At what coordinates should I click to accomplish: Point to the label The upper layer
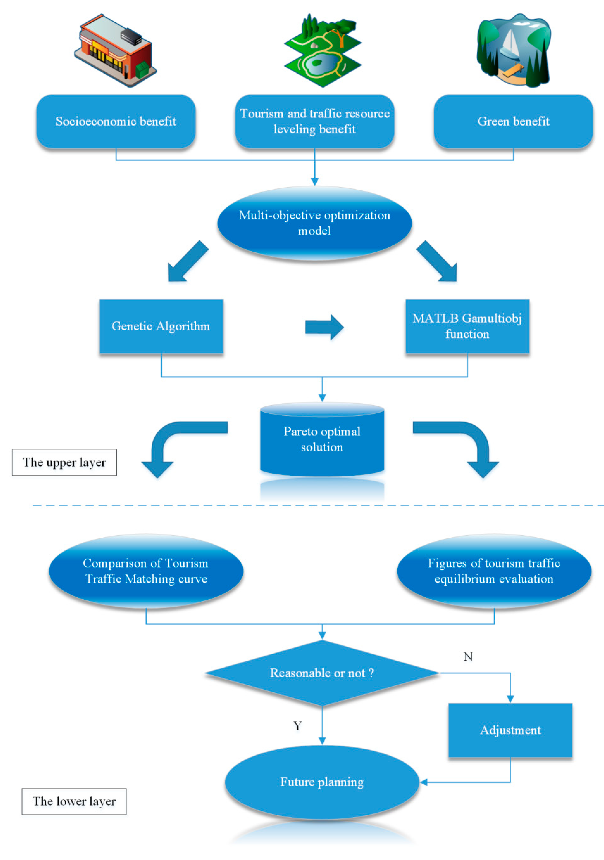click(64, 462)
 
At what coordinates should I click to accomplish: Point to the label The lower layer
click(74, 801)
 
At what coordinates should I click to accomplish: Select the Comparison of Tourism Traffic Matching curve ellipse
click(146, 571)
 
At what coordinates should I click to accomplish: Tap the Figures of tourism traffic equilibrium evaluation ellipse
click(494, 571)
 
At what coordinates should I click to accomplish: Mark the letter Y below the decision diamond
click(298, 726)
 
